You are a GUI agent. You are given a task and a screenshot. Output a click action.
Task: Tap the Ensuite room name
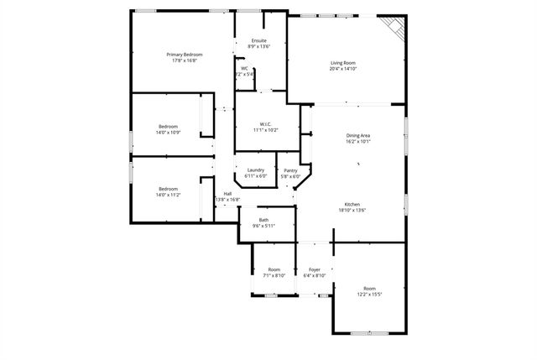click(x=259, y=40)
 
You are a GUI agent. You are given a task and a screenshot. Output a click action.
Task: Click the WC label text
click(x=244, y=69)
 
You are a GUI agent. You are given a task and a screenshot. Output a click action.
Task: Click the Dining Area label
click(x=358, y=136)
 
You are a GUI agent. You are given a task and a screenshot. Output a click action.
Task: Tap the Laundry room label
click(x=255, y=170)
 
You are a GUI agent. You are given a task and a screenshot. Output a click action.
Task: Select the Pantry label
click(x=289, y=170)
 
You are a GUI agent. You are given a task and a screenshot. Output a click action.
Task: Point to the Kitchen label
click(x=352, y=205)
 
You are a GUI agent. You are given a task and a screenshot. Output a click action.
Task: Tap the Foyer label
click(x=314, y=269)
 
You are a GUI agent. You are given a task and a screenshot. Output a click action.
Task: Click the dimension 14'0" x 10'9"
click(x=168, y=133)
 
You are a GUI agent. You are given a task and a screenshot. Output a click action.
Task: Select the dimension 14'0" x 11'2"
click(x=168, y=195)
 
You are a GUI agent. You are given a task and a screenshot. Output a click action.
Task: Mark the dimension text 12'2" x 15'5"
click(x=369, y=295)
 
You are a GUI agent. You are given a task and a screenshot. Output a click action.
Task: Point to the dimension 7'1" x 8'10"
click(x=274, y=275)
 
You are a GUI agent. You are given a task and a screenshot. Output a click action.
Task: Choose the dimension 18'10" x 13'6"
click(x=353, y=211)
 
